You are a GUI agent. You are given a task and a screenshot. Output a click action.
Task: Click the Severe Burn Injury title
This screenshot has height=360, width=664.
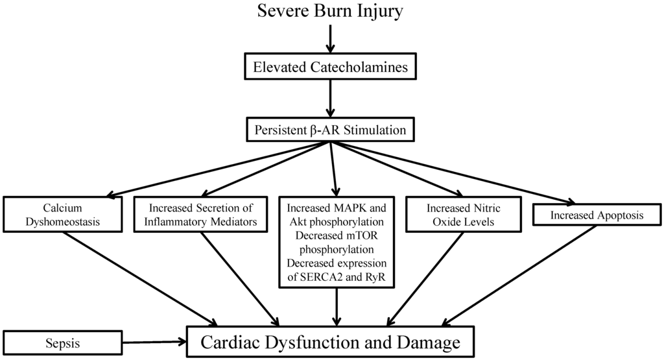point(331,12)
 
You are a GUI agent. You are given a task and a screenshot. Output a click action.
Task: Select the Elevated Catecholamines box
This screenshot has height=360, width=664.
point(331,67)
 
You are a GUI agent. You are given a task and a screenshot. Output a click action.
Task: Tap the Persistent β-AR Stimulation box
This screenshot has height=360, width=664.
point(331,130)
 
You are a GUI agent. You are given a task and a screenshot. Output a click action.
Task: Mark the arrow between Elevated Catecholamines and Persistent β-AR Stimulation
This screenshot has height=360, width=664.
point(331,98)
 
